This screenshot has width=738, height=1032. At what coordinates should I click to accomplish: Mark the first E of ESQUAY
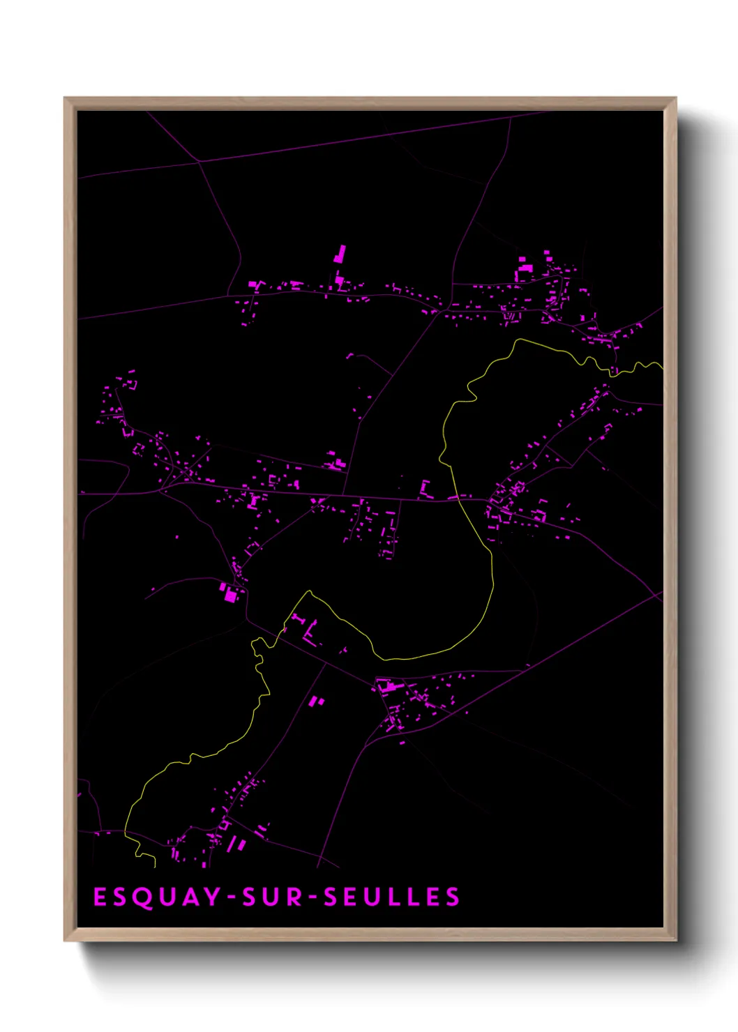pyautogui.click(x=99, y=897)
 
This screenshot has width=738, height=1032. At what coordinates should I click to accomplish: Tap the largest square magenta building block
pyautogui.click(x=230, y=595)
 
